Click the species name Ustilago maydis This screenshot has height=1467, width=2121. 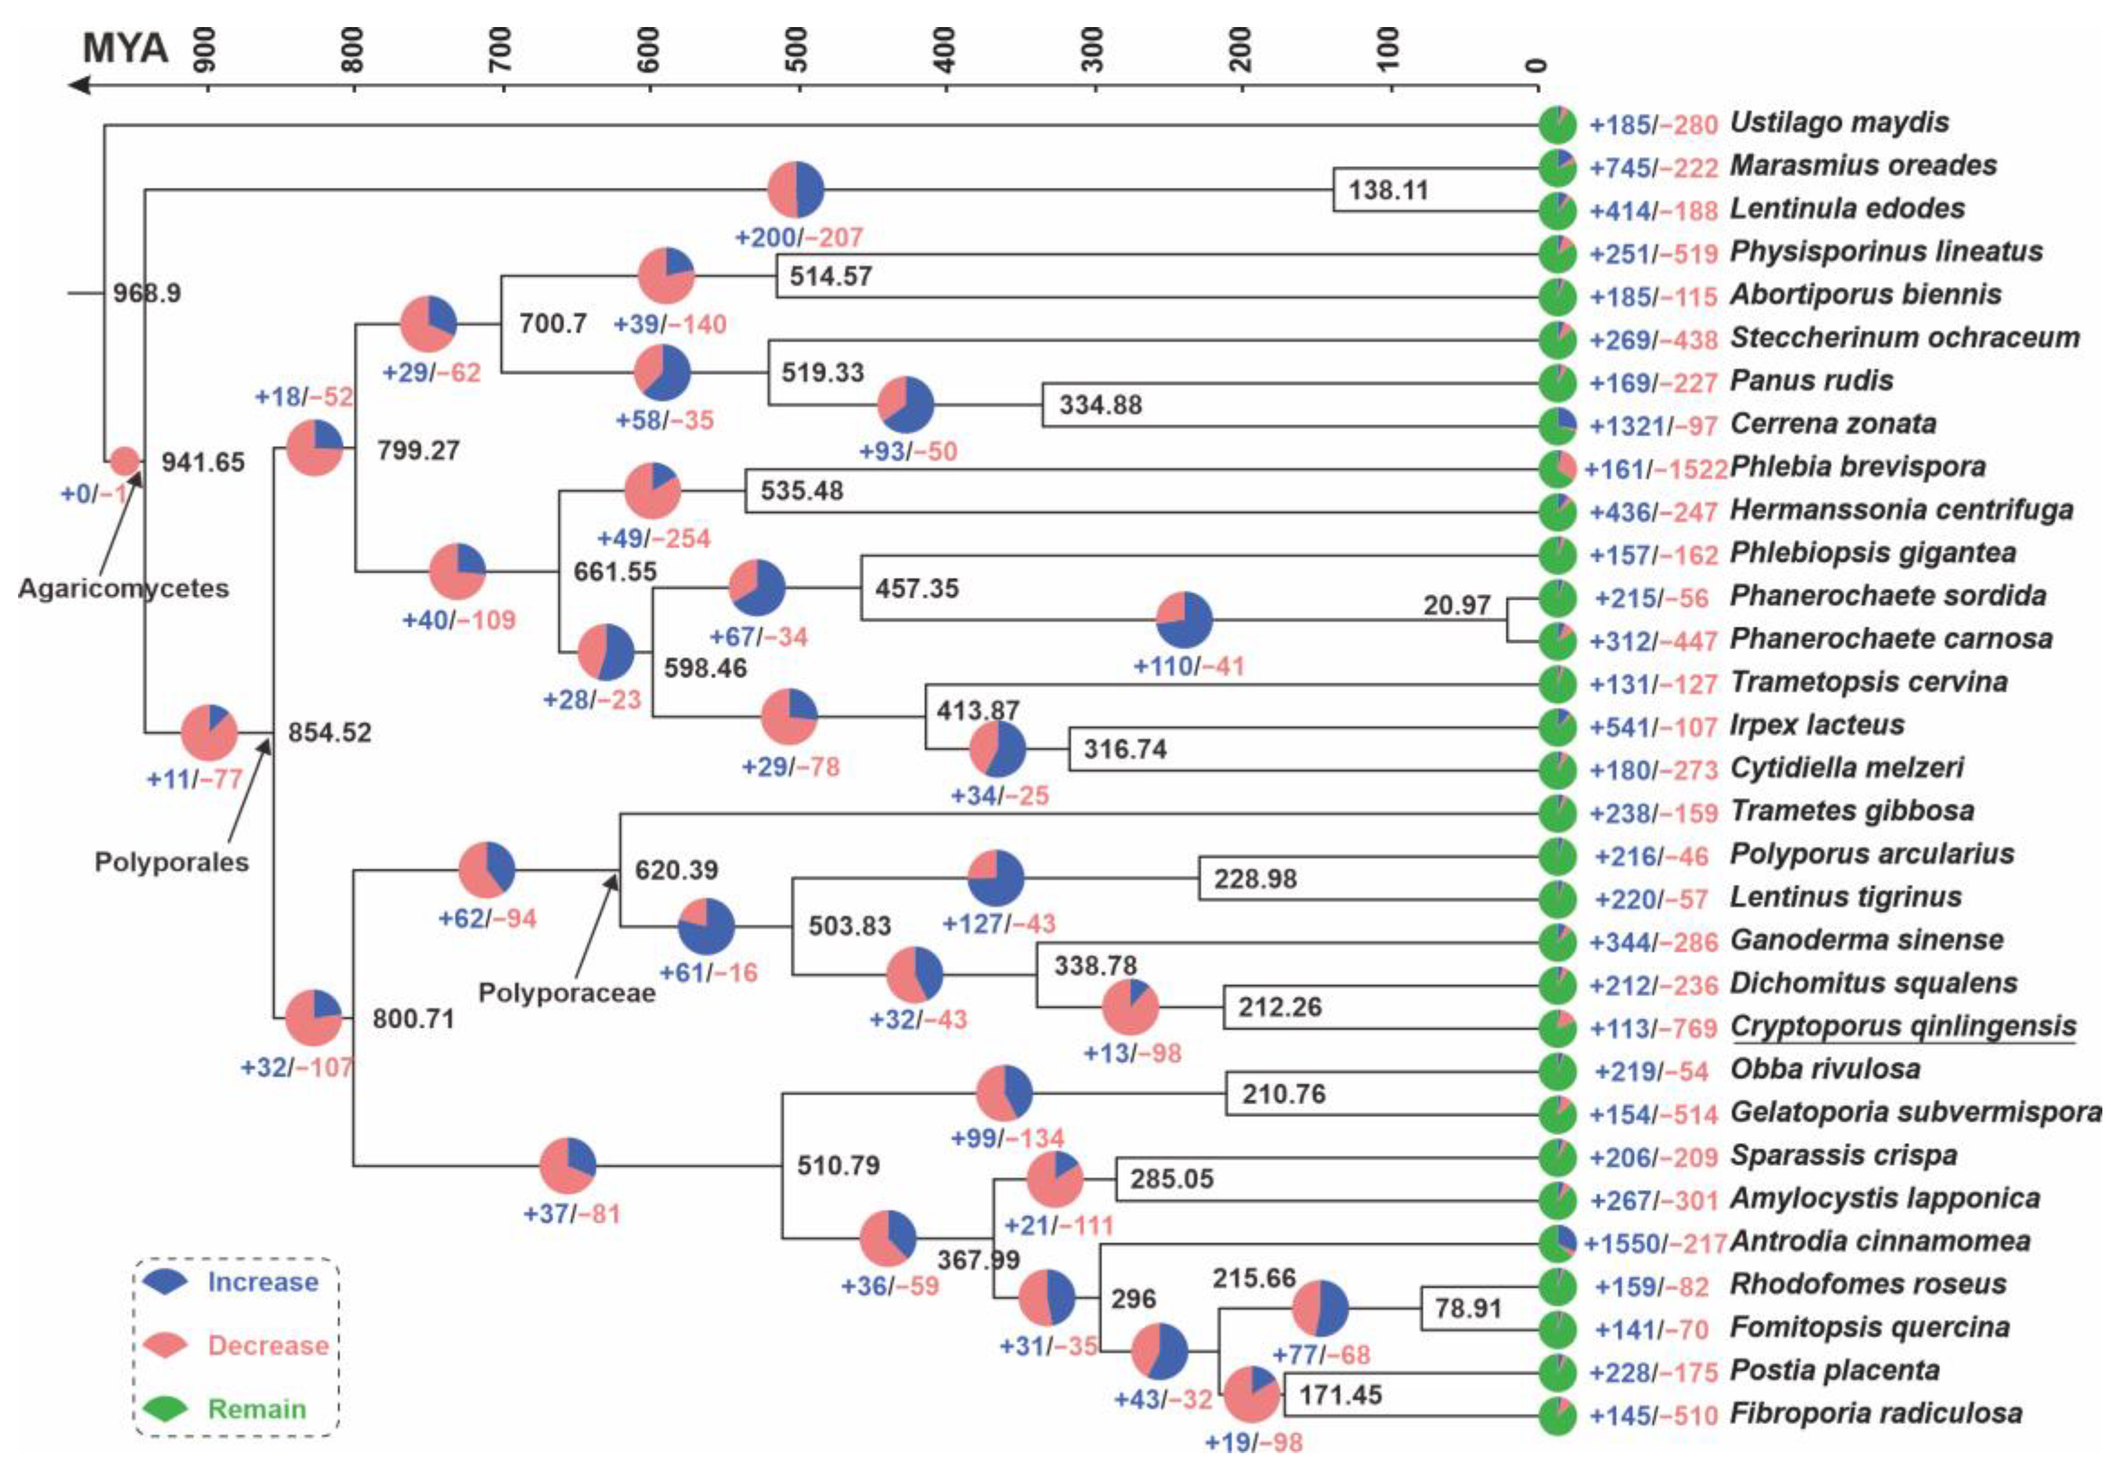1839,122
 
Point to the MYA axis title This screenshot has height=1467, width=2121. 125,47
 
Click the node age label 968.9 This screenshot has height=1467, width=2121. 147,293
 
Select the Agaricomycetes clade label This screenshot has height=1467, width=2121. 123,588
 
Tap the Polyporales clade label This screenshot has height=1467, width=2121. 172,862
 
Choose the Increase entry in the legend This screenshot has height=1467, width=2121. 263,1282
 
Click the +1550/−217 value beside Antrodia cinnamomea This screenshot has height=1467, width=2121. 1654,1243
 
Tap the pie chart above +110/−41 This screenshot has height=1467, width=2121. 1184,619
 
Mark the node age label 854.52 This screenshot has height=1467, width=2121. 329,732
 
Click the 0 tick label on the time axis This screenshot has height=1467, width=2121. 1537,64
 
